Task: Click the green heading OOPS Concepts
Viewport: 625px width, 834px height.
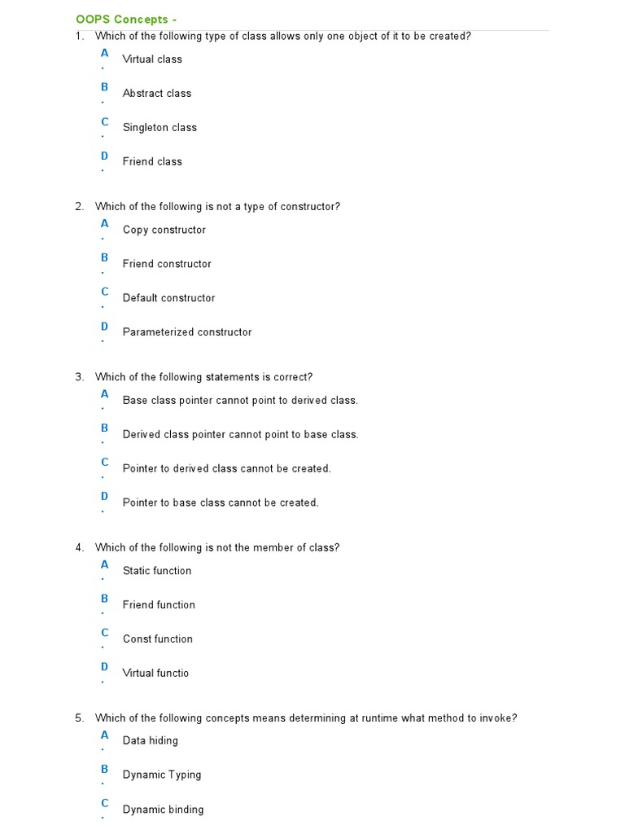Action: click(125, 19)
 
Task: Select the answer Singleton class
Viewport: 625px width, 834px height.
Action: click(160, 127)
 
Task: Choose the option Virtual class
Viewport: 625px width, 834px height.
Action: click(152, 59)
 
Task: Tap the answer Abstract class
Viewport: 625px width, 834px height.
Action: click(157, 93)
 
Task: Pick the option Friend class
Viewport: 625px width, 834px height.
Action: click(152, 161)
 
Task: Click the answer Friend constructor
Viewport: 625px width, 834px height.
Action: click(167, 264)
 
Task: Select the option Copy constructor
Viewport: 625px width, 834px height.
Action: click(164, 230)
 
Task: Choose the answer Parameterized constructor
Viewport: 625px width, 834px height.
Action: click(187, 332)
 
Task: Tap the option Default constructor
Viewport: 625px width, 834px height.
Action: click(169, 298)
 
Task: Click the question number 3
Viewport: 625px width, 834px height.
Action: click(79, 377)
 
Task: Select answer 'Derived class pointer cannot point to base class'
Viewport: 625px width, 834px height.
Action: click(240, 434)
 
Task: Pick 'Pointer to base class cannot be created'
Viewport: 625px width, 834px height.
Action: click(221, 503)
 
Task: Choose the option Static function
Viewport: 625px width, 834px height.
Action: click(157, 571)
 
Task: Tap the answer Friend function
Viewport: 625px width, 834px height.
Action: click(159, 605)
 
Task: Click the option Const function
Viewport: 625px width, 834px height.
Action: click(158, 639)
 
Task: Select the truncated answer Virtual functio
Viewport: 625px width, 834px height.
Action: click(155, 674)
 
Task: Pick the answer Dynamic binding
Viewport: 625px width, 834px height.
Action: click(163, 810)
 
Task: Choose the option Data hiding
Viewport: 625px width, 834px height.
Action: click(151, 741)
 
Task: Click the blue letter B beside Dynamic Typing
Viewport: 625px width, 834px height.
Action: click(104, 769)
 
